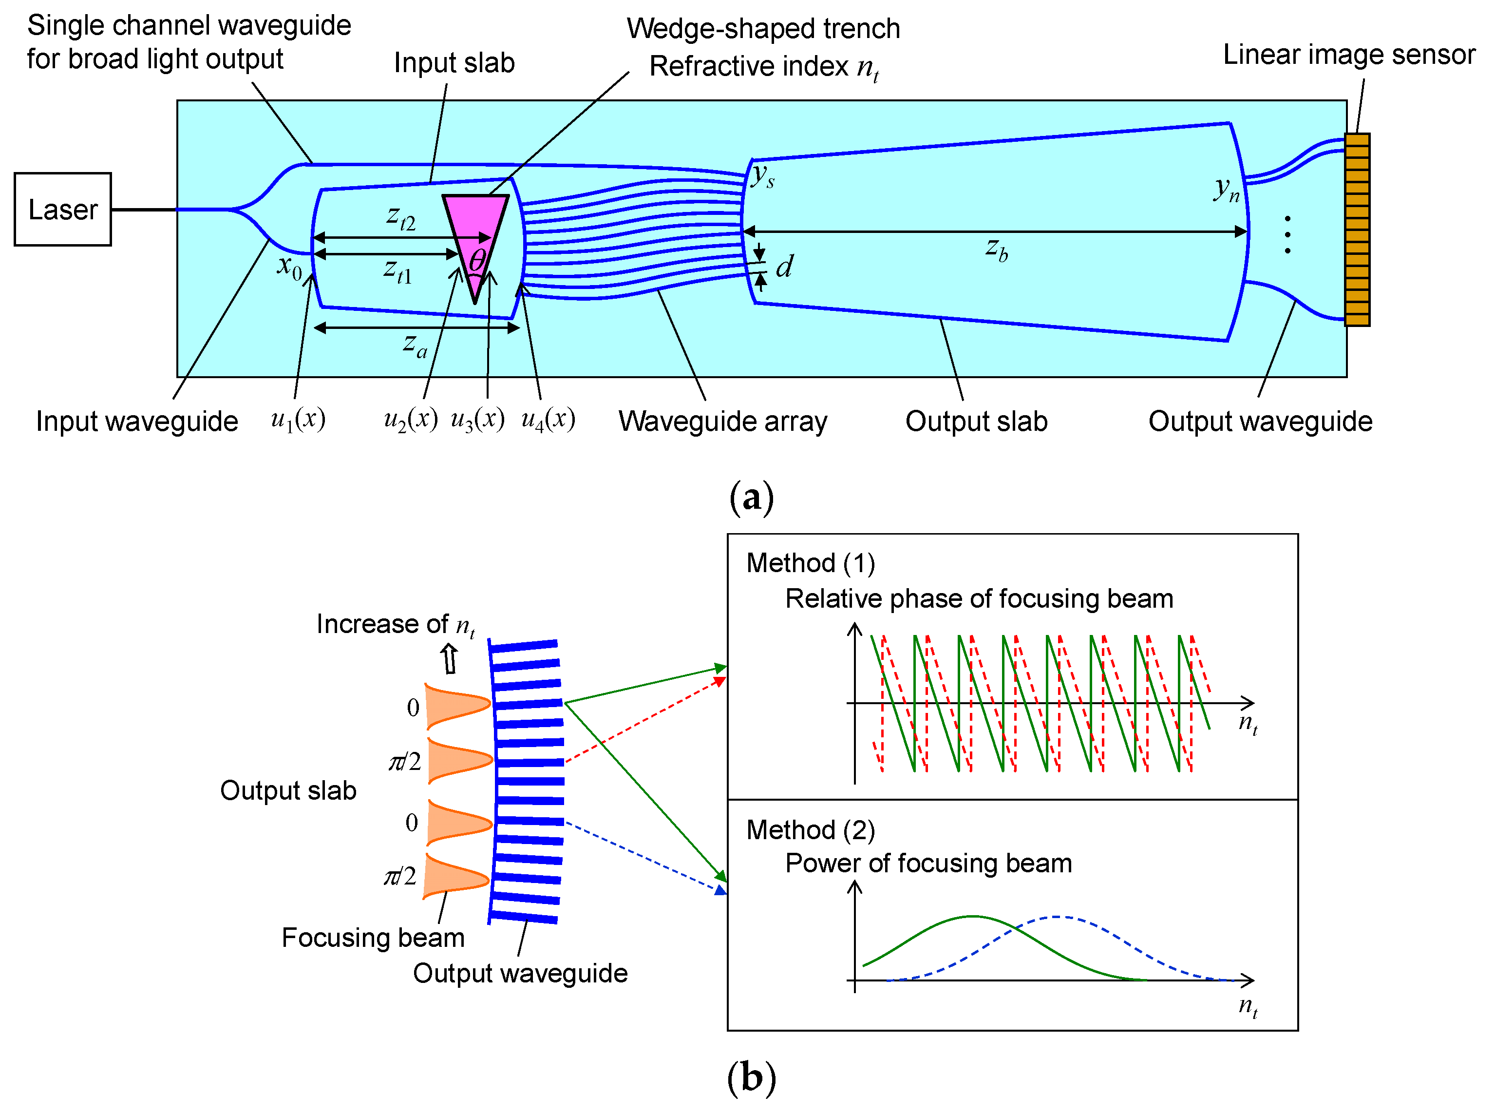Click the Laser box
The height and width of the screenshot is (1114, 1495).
(63, 209)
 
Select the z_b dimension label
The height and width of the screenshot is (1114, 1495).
(996, 249)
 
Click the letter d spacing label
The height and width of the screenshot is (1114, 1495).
(784, 267)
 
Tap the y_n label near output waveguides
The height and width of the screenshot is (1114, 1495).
(1226, 190)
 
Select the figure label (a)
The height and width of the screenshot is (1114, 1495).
(751, 498)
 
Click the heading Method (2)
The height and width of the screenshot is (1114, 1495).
(810, 829)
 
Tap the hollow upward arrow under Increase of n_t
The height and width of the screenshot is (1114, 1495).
(449, 658)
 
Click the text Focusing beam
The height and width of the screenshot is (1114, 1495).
(373, 937)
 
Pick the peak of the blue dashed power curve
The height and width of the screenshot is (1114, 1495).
(1058, 917)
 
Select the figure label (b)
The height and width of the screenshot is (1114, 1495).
(751, 1077)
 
